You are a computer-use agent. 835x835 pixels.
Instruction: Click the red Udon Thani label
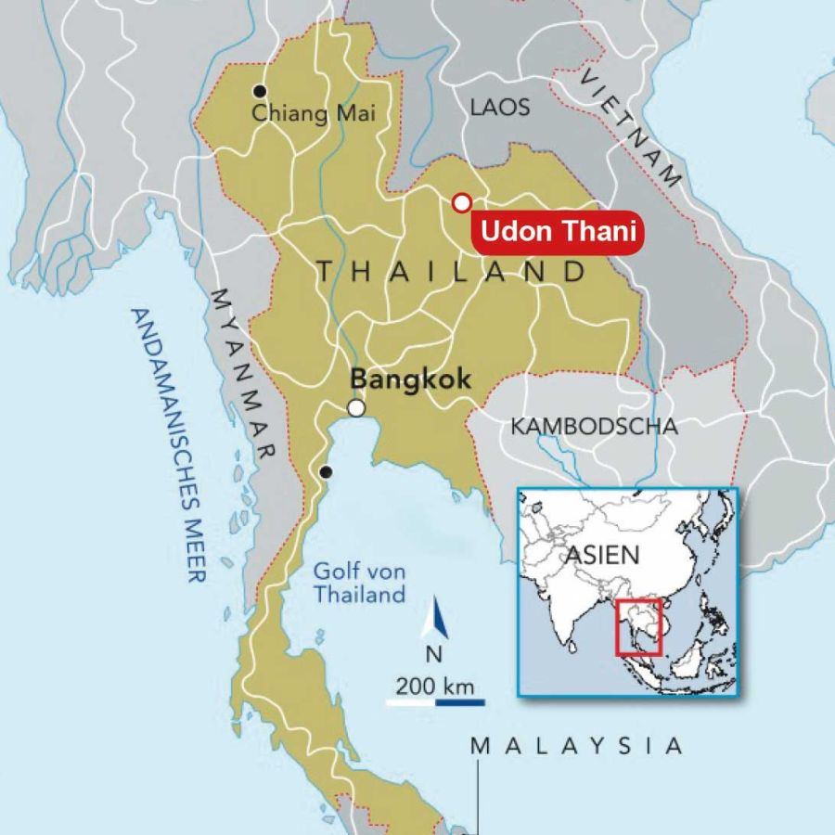[x=559, y=232]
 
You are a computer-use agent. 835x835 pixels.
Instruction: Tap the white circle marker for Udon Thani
[x=461, y=203]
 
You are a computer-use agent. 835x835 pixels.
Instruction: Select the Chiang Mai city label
[x=315, y=114]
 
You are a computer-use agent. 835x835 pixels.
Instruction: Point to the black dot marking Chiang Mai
[x=260, y=91]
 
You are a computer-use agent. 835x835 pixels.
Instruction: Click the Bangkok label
[x=410, y=379]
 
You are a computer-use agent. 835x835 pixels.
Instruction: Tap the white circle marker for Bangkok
[x=356, y=408]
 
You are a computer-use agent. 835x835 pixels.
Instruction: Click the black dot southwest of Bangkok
[x=325, y=472]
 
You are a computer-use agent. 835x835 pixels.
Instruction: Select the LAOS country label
[x=500, y=107]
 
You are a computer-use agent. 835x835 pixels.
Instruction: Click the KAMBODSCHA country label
[x=594, y=427]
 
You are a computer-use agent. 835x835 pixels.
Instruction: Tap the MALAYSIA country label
[x=576, y=746]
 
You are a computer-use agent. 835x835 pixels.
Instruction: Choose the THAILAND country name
[x=452, y=272]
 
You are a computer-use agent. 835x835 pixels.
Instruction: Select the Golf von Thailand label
[x=359, y=584]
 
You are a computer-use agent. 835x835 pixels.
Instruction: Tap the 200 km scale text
[x=434, y=687]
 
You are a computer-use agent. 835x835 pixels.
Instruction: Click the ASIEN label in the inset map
[x=602, y=555]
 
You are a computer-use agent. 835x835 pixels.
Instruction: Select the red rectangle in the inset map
[x=637, y=627]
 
